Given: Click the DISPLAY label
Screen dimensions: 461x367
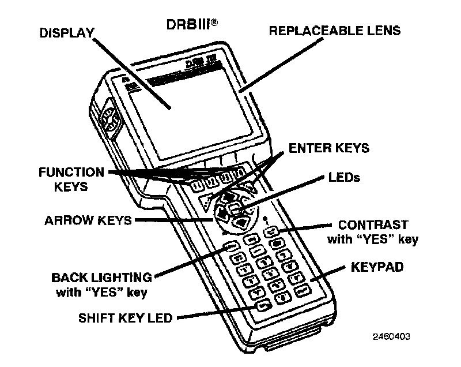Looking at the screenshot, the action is [66, 32].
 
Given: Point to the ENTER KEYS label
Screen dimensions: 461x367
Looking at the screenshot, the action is [328, 148].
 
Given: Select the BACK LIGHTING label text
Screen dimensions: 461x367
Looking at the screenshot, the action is [101, 278].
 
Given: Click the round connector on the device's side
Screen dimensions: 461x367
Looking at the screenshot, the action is [109, 123].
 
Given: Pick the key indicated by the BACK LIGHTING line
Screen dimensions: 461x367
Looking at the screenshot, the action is [229, 248].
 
